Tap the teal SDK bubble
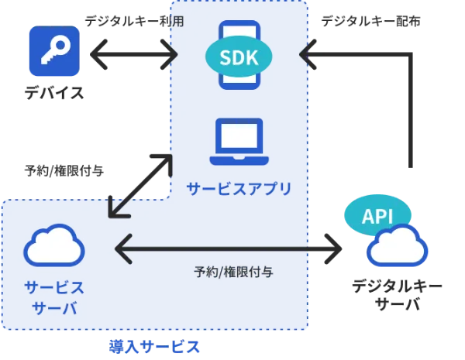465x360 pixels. tap(239, 55)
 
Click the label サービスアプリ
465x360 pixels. tap(239, 188)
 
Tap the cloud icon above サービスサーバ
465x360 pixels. tap(54, 245)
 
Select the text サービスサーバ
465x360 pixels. tap(53, 297)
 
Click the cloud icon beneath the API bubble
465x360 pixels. tap(398, 246)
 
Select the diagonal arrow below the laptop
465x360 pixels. tap(140, 185)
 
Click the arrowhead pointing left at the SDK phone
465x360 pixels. tap(307, 55)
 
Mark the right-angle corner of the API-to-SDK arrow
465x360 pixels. tap(409, 55)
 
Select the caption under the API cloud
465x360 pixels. tap(397, 293)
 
